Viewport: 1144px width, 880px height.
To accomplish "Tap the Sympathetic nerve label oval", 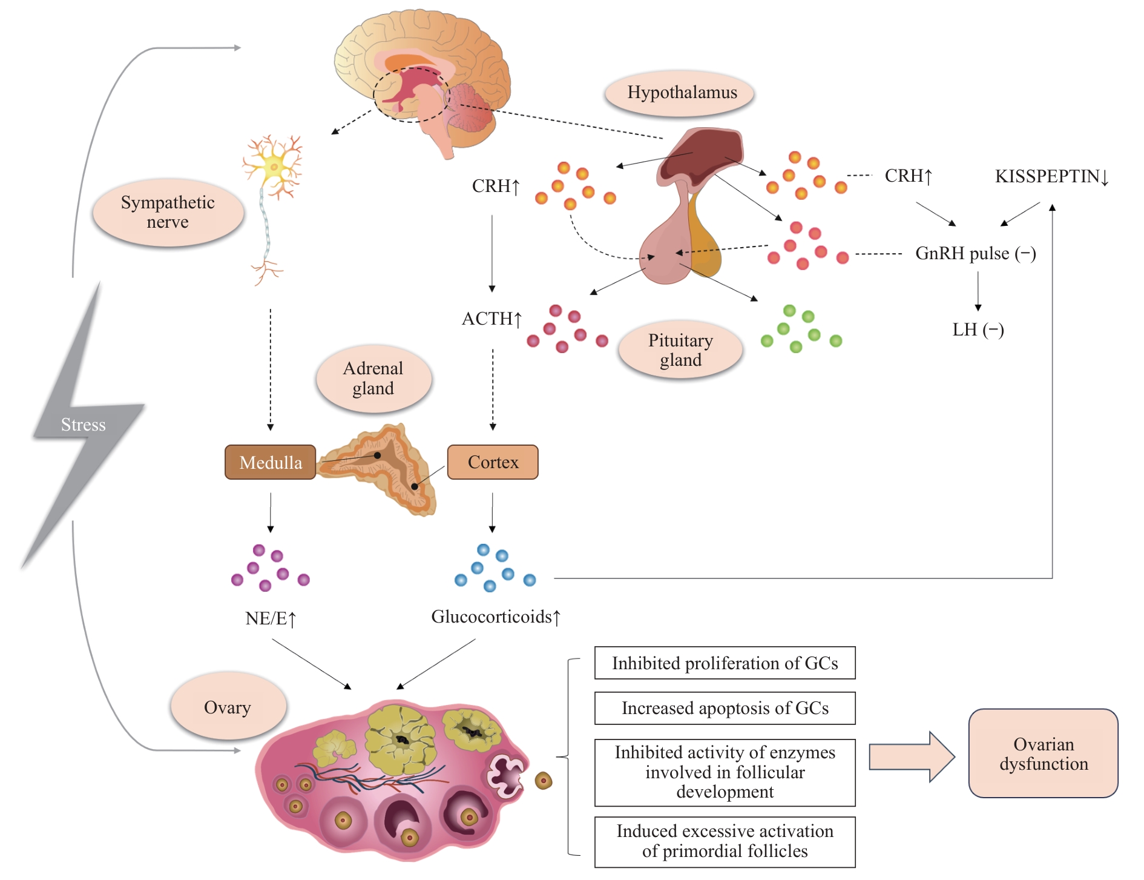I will pyautogui.click(x=168, y=212).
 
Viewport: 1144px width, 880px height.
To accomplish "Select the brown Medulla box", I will pyautogui.click(x=270, y=462).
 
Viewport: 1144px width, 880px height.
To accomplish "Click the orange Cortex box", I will pyautogui.click(x=493, y=462).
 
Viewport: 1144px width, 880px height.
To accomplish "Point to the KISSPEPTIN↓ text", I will pyautogui.click(x=1051, y=176).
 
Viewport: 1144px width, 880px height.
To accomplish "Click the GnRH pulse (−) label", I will pyautogui.click(x=975, y=253).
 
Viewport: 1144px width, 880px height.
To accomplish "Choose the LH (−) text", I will pyautogui.click(x=978, y=329).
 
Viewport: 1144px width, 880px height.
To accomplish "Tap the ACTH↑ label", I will pyautogui.click(x=491, y=319).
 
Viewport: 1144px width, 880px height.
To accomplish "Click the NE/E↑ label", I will pyautogui.click(x=271, y=618).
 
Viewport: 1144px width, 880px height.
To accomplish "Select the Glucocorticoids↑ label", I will pyautogui.click(x=496, y=617).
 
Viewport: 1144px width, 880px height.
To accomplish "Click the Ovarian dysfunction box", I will pyautogui.click(x=1043, y=753).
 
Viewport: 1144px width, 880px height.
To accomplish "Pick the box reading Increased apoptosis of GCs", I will pyautogui.click(x=725, y=708).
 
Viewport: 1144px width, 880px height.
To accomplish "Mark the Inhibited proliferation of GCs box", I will pyautogui.click(x=725, y=663).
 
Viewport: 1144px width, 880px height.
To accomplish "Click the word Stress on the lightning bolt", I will pyautogui.click(x=84, y=425).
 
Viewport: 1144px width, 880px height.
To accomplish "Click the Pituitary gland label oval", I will pyautogui.click(x=680, y=350).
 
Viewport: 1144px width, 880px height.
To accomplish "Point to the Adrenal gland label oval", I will pyautogui.click(x=373, y=379).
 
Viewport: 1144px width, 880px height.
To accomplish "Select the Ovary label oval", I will pyautogui.click(x=228, y=707).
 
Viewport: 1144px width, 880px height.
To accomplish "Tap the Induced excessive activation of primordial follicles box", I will pyautogui.click(x=725, y=841).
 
